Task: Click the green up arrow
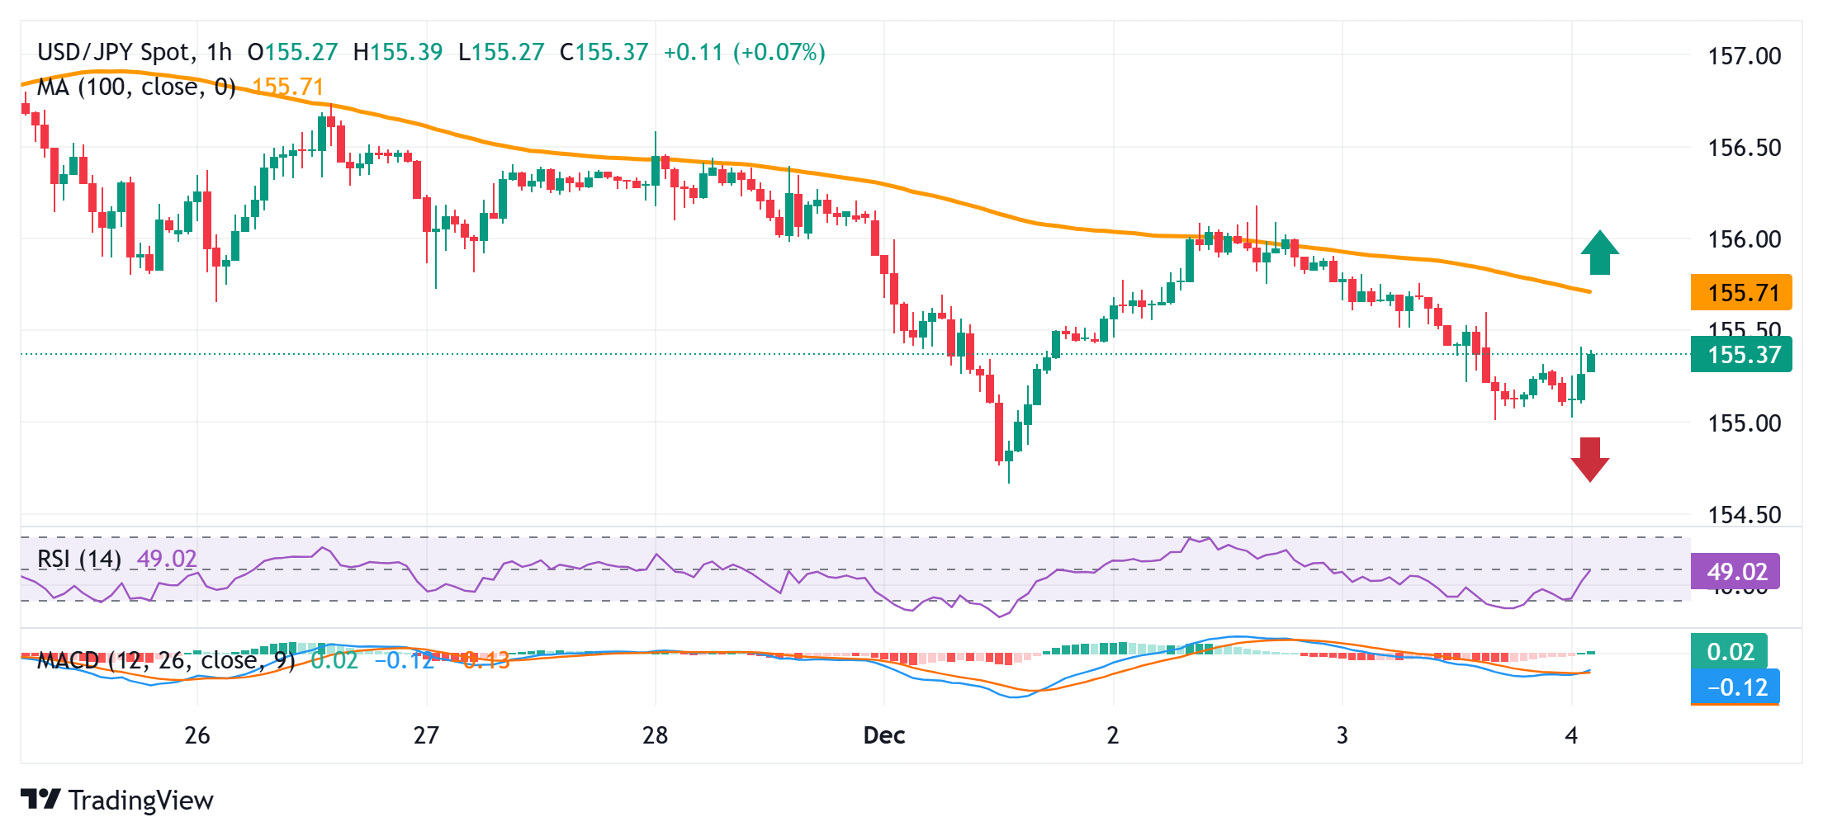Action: tap(1599, 253)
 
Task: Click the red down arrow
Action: tap(1589, 459)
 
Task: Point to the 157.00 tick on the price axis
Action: tap(1744, 56)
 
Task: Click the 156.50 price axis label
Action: tap(1744, 148)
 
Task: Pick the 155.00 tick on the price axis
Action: tap(1744, 423)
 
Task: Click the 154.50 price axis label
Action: tap(1744, 515)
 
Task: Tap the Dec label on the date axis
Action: tap(883, 735)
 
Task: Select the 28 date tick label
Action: tap(655, 735)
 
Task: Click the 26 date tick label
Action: tap(197, 735)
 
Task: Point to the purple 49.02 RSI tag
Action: tap(1735, 572)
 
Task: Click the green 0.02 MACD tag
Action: tap(1730, 652)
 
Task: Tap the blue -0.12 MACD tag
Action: tap(1735, 687)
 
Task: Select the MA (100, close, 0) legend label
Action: tap(136, 87)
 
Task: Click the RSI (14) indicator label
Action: tap(79, 560)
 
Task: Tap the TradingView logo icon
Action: tap(40, 800)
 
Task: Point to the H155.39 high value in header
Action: tap(398, 53)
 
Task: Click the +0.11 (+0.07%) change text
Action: tap(744, 53)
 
